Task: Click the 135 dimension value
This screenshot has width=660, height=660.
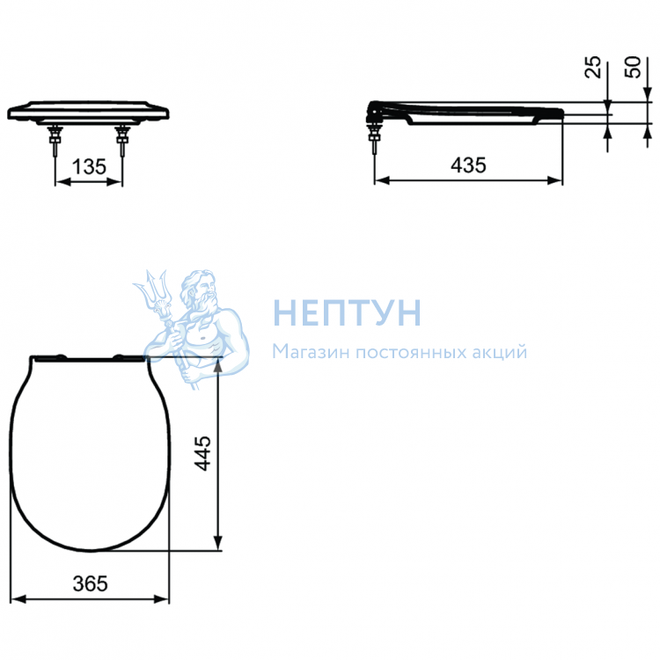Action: [89, 166]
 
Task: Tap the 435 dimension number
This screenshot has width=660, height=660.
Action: [468, 165]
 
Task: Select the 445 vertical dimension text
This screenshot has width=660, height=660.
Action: [202, 453]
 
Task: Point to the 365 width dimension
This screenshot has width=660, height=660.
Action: [90, 583]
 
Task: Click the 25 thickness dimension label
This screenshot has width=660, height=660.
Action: [593, 67]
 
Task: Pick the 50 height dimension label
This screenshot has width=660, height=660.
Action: [632, 67]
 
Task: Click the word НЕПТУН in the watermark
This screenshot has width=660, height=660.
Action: [348, 312]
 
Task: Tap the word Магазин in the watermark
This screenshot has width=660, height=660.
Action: [311, 351]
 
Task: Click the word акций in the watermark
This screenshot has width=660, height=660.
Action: [500, 352]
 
